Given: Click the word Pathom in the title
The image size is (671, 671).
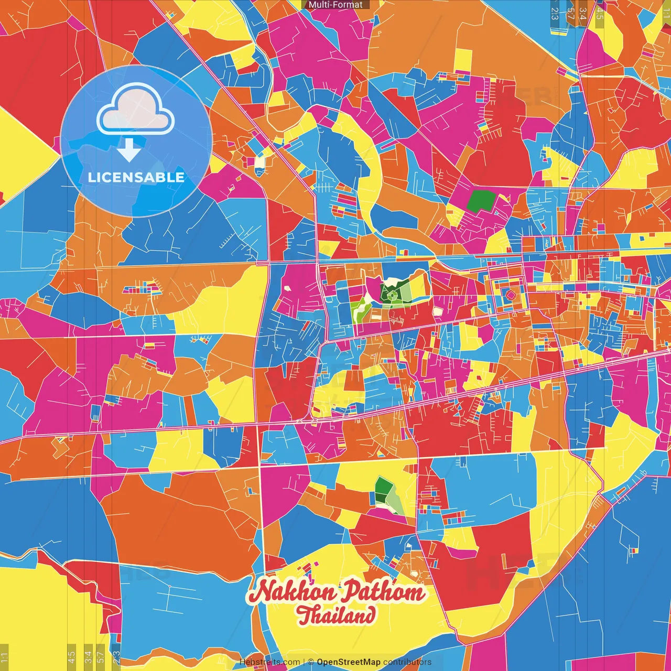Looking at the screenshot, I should pos(383,592).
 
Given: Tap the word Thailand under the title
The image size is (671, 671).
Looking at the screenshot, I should pos(336,615).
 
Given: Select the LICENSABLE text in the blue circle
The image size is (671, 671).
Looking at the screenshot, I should pos(136,177).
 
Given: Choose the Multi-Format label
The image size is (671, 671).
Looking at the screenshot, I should pos(335,5).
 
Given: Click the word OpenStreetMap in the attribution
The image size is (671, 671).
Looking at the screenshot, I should pos(349,662).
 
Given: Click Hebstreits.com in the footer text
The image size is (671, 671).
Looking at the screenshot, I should pos(270,662).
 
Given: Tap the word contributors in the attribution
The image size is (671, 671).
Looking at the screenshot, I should pos(407,662).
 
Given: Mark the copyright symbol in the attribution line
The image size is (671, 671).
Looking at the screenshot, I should pos(311,662).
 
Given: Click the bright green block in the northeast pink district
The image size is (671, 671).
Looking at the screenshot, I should pos(481,201).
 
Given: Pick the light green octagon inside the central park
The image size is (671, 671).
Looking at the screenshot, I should pos(391,296).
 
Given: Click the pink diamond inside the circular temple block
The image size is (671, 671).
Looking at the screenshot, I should pos(510,295).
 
